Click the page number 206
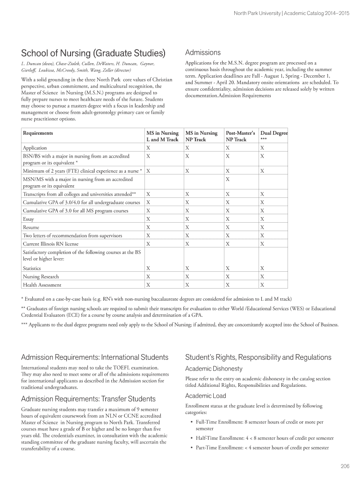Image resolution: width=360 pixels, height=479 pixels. coord(346,465)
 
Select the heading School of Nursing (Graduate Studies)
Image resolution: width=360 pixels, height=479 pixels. coord(94,52)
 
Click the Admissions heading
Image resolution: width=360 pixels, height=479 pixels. coord(203,52)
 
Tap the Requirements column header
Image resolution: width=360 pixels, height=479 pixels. coord(38,133)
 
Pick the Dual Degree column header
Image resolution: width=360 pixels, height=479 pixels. coord(274,136)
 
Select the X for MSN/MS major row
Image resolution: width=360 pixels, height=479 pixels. coord(228,179)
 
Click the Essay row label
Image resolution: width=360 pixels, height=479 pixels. coord(28,219)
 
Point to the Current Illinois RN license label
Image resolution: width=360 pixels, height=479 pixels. coord(50,244)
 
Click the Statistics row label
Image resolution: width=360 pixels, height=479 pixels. coord(32,269)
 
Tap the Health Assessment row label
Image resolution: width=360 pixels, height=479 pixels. coord(42,285)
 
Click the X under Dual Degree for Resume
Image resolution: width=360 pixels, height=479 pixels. coord(262,227)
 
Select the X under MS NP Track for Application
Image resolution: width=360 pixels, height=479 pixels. coord(187,148)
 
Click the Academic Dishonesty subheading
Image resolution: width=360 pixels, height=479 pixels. coord(214,369)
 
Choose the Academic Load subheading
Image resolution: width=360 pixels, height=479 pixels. coord(205,396)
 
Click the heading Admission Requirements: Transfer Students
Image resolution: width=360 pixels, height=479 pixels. coord(88,399)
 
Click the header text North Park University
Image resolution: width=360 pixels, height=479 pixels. coord(257,13)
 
